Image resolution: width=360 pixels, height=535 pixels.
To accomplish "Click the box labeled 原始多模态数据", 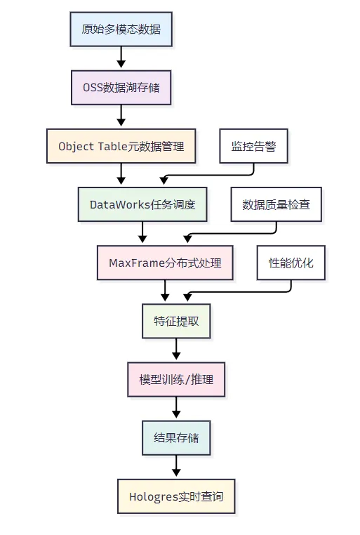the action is (x=121, y=29).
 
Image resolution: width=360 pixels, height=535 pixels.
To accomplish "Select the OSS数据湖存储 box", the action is (x=121, y=88).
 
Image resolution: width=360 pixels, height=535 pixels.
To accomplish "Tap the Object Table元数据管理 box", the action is (x=121, y=146).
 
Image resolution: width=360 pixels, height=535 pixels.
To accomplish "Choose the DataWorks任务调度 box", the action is (x=142, y=204).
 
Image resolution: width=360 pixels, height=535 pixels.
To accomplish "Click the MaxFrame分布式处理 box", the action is (x=165, y=263).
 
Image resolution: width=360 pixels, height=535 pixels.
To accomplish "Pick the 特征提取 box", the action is (x=176, y=321).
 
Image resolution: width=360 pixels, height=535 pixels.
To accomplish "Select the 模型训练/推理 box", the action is (x=176, y=379).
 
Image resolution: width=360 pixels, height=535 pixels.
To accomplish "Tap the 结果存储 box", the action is (x=176, y=437).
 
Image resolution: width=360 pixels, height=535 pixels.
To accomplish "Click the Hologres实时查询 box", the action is (x=176, y=496).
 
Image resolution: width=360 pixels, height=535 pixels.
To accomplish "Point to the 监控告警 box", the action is (x=253, y=146).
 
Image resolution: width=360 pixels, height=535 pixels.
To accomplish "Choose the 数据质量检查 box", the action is (x=276, y=204).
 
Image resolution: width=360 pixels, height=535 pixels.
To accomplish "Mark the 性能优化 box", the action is (x=291, y=263).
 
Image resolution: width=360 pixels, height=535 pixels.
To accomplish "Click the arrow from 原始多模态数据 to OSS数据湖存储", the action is (x=121, y=57).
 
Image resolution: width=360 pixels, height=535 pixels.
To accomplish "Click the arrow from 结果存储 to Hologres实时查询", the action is (x=176, y=465).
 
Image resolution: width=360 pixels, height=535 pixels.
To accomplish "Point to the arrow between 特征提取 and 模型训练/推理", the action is (x=176, y=349).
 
